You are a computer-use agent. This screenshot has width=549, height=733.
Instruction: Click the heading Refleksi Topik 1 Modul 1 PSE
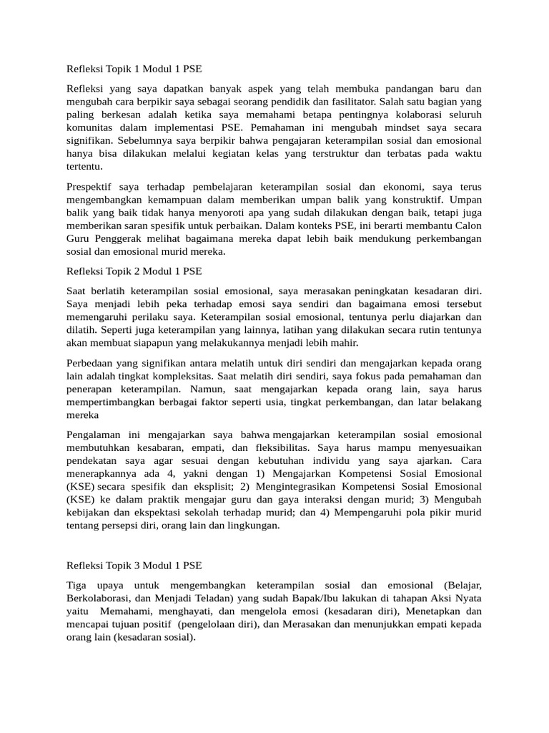[134, 70]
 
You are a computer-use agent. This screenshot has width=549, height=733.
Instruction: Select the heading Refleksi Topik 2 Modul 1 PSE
[134, 271]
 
